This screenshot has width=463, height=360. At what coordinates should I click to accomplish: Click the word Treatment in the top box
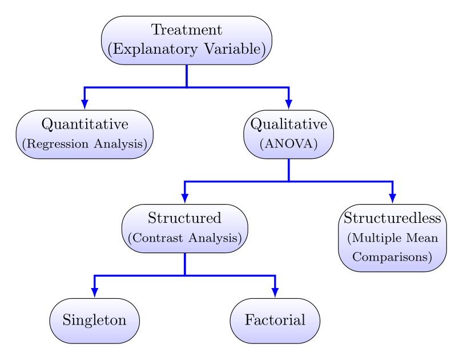click(x=187, y=30)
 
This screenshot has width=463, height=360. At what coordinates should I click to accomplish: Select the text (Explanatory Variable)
click(x=187, y=50)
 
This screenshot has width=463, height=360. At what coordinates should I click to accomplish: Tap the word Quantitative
click(x=85, y=124)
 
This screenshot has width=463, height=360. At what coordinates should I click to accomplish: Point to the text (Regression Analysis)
click(x=85, y=143)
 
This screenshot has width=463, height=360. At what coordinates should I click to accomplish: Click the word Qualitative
click(x=289, y=124)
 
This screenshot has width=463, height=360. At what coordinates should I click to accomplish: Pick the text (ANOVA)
click(x=289, y=143)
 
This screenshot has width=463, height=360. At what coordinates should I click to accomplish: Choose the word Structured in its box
click(x=184, y=218)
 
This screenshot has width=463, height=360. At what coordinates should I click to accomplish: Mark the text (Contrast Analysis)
click(x=184, y=237)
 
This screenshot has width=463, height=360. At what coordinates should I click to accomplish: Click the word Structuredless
click(x=393, y=218)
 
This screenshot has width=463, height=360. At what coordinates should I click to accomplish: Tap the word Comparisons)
click(x=393, y=257)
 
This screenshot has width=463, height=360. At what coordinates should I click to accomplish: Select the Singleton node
click(x=95, y=321)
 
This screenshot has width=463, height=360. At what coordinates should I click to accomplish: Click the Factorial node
click(x=275, y=321)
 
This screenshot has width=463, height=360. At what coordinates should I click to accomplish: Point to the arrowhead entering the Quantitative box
click(x=84, y=104)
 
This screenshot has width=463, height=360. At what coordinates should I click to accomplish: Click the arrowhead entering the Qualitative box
click(x=289, y=104)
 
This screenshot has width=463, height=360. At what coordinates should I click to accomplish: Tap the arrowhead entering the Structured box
click(x=185, y=198)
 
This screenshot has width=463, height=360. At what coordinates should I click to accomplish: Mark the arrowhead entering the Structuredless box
click(x=393, y=198)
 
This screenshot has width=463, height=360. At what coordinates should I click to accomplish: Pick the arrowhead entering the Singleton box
click(x=95, y=292)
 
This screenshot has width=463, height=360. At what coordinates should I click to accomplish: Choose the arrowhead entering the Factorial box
click(x=275, y=292)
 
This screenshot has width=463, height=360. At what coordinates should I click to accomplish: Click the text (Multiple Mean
click(x=393, y=237)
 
